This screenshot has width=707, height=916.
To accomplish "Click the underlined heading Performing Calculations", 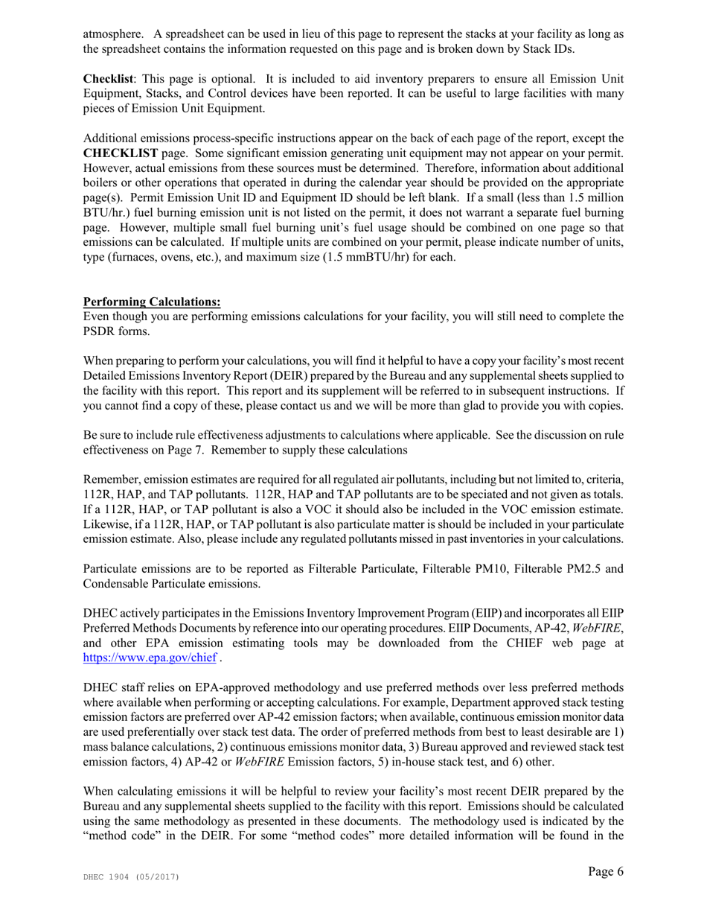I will (152, 302).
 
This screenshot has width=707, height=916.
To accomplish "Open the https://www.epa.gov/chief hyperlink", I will (150, 658).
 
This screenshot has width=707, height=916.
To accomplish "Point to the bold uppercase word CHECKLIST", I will (121, 153).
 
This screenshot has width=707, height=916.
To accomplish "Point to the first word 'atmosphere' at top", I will (113, 34).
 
